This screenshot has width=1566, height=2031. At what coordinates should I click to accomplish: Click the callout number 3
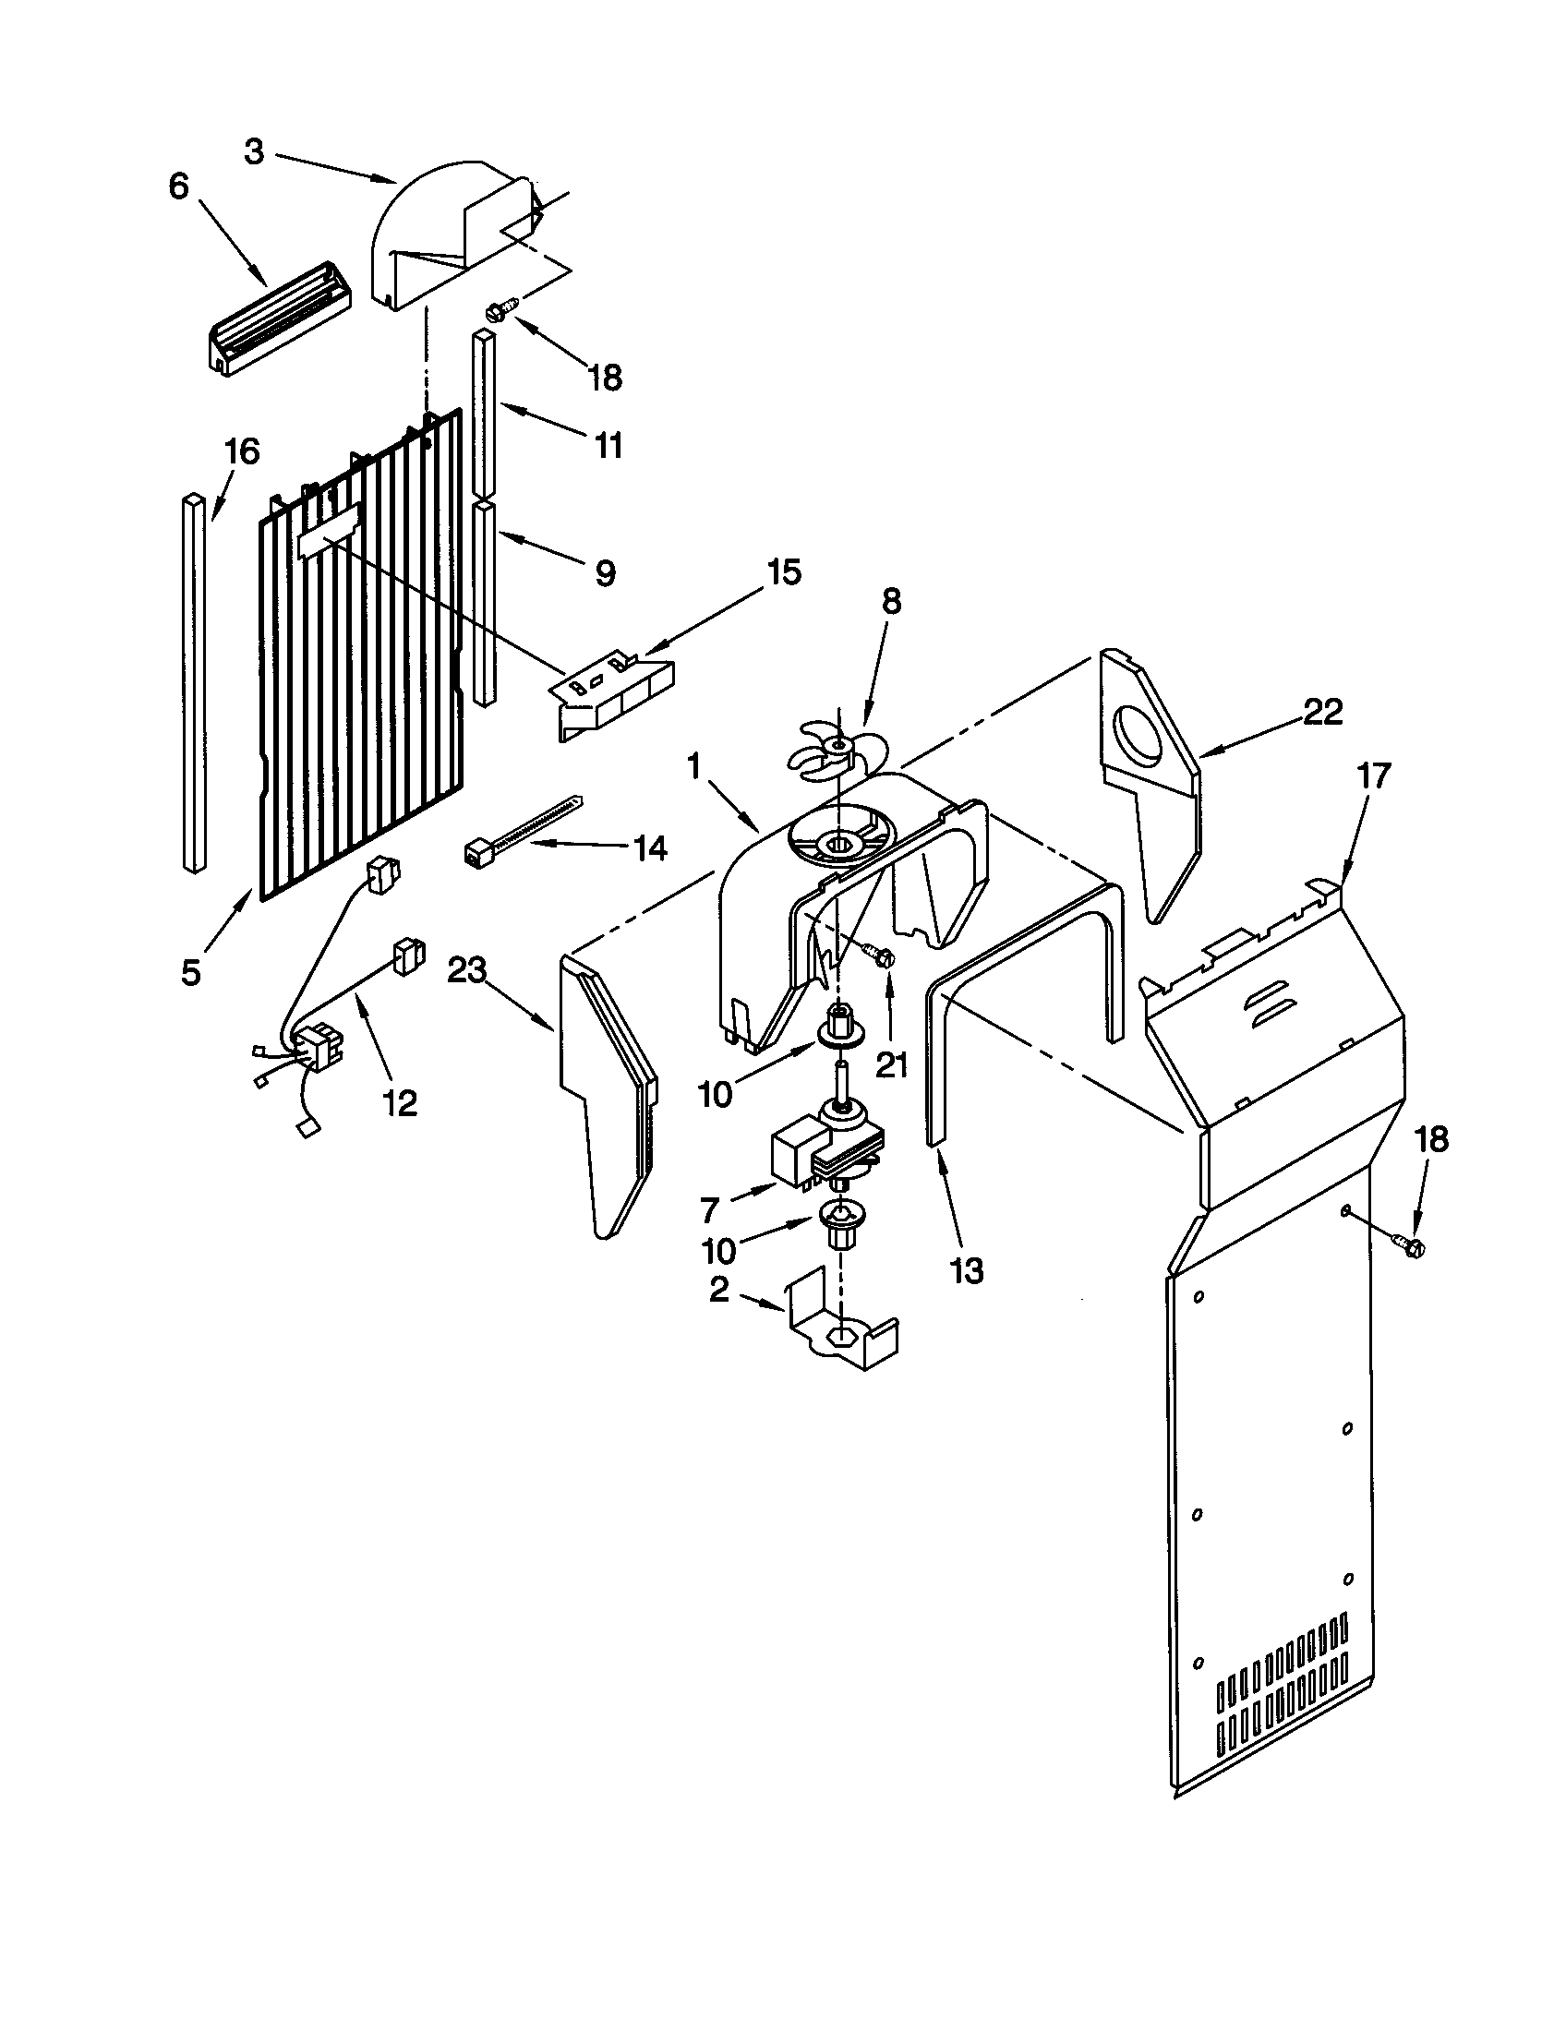pos(254,151)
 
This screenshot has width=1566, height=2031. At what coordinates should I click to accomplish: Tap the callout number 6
pos(177,186)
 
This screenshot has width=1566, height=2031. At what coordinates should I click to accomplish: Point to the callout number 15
pos(783,573)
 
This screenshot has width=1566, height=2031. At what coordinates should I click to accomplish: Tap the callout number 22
pos(1322,713)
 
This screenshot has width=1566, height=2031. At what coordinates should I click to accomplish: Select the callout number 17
pos(1373,775)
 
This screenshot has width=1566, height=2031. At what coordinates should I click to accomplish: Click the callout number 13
pos(966,1270)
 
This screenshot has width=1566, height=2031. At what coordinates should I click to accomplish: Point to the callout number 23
pos(467,971)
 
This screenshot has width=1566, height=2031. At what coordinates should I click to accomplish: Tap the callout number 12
pos(399,1103)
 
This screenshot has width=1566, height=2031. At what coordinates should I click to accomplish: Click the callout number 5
pos(190,973)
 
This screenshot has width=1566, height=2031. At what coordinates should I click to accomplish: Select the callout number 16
pos(241,451)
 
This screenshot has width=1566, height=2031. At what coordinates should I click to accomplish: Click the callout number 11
pos(608,446)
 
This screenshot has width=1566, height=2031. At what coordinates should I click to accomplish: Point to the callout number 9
pos(605,573)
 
